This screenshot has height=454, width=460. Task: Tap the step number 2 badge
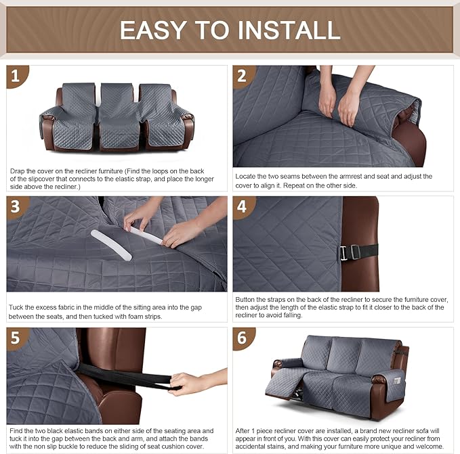tap(243, 76)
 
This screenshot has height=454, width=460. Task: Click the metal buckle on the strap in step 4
tap(343, 252)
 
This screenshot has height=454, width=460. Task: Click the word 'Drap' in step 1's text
tap(18, 171)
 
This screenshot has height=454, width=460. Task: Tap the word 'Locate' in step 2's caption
tap(246, 177)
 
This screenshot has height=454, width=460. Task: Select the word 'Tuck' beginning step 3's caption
tap(17, 308)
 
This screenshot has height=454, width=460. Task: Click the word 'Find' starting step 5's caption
tap(18, 430)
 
